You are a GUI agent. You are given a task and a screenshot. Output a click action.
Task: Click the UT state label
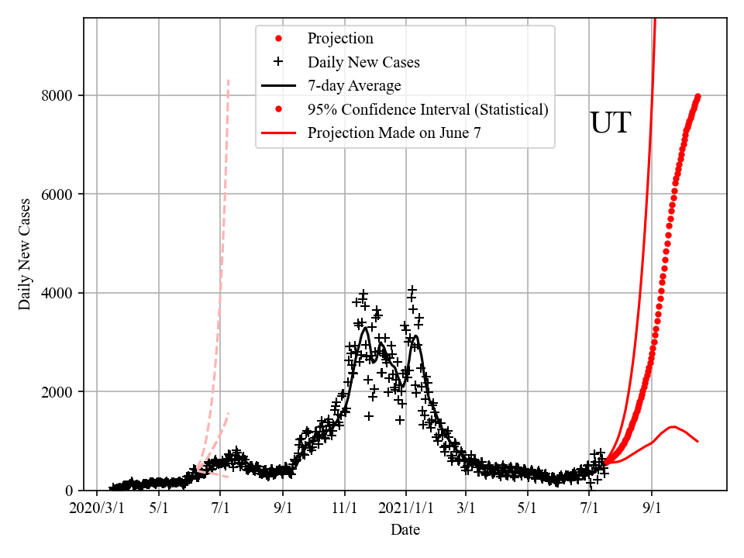[x=611, y=124]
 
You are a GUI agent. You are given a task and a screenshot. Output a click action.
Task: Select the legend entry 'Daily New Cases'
[x=363, y=62]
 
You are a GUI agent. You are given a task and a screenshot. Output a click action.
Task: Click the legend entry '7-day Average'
[x=354, y=86]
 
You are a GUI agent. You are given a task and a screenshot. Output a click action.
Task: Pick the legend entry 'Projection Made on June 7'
[x=394, y=133]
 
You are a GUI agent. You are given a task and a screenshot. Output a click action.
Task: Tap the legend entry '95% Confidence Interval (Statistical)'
[x=427, y=110]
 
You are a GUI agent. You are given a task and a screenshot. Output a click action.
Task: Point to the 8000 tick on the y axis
[x=59, y=95]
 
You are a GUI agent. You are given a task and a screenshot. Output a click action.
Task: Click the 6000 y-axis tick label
[x=59, y=195]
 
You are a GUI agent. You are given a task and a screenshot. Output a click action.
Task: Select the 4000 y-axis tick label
[x=59, y=293]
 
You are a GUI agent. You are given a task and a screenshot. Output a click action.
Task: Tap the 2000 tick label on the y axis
[x=59, y=392]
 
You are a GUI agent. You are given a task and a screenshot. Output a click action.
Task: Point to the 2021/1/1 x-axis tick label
[x=405, y=508]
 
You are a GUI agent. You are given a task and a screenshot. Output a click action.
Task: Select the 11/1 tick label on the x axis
[x=345, y=508]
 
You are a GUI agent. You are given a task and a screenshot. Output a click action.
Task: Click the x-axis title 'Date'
[x=405, y=529]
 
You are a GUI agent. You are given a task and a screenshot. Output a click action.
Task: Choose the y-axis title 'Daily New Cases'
[x=26, y=254]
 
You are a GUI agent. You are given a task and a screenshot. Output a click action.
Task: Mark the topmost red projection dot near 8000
[x=697, y=96]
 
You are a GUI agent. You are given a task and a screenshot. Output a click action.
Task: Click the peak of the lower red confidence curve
[x=672, y=426]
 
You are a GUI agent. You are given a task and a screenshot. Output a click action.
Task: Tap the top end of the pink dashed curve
[x=228, y=79]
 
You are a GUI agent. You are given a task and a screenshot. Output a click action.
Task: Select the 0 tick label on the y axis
[x=70, y=491]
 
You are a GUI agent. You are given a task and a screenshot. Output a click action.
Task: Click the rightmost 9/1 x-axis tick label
[x=652, y=508]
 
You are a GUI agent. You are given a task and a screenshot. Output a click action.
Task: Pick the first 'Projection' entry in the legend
[x=340, y=39]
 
